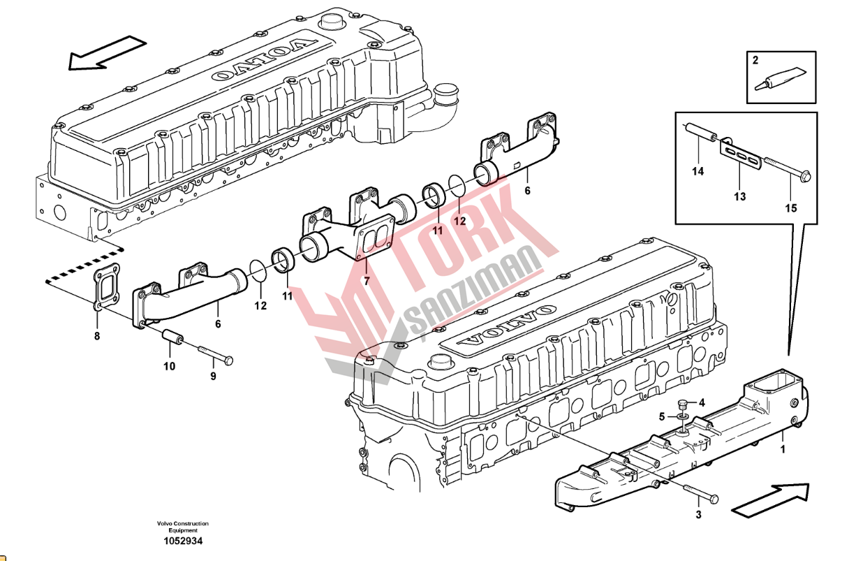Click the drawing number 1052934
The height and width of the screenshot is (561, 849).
[183, 541]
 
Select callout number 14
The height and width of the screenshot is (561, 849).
[697, 171]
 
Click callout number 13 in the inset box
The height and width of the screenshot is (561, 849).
[739, 196]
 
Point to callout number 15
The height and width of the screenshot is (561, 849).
[791, 208]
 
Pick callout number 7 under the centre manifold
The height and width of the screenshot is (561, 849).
[366, 281]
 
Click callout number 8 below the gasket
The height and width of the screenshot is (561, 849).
[97, 335]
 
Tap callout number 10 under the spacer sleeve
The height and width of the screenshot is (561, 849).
[170, 366]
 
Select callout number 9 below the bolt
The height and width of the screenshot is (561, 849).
[214, 376]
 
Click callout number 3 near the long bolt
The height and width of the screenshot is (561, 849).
[698, 515]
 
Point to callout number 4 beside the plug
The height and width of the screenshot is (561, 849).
[702, 402]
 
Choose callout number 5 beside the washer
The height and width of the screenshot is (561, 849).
[662, 417]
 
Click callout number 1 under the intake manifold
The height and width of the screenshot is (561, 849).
[783, 449]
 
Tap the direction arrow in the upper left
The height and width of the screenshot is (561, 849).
[108, 52]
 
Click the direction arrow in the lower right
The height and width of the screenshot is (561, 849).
[770, 500]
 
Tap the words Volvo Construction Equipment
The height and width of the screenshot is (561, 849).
[183, 527]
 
